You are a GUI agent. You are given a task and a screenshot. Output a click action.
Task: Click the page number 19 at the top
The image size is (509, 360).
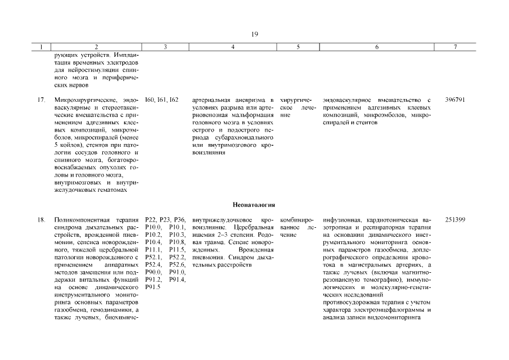pos(254,34)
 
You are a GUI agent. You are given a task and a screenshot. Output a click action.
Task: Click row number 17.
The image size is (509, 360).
pos(41,100)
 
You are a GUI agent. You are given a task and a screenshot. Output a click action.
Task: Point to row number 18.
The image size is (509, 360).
pos(41,219)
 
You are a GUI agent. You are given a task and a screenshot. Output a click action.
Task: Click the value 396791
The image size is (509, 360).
pos(454,100)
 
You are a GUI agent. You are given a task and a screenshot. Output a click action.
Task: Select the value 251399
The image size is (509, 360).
pos(454,219)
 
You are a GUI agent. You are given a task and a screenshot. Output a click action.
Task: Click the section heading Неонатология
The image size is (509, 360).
pos(254,205)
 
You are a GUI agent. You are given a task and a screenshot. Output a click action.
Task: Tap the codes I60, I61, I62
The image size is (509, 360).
pos(161,100)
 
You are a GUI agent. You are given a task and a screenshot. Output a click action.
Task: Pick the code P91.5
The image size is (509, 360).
pos(153,287)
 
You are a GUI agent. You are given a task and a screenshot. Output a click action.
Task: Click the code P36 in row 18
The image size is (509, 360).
pos(179,219)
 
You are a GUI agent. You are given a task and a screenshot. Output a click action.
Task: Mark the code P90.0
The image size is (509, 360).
pos(153,272)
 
